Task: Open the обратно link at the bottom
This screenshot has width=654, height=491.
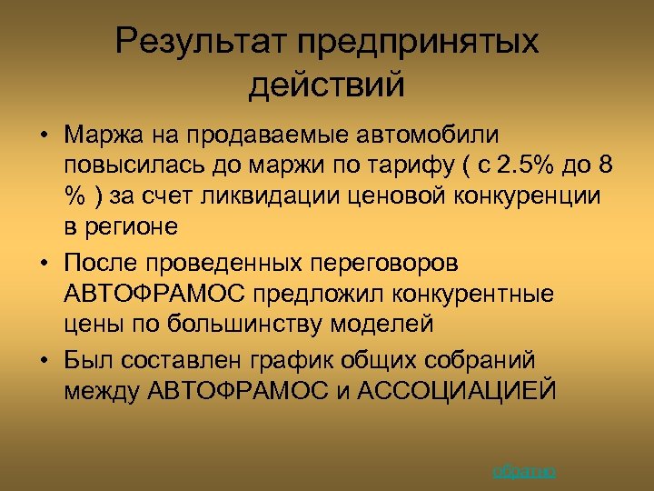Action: click(x=524, y=470)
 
